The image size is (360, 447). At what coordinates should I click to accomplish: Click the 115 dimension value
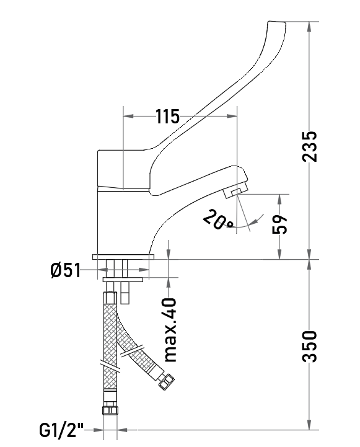tap(167, 116)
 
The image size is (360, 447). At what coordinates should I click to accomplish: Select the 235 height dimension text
tap(310, 146)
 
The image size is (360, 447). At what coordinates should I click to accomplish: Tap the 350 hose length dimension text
tap(310, 347)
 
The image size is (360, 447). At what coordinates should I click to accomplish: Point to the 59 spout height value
tap(279, 224)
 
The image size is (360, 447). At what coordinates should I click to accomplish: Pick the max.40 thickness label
tap(171, 330)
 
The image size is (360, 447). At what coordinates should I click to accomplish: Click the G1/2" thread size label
tap(61, 430)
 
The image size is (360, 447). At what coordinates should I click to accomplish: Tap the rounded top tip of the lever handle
tap(277, 24)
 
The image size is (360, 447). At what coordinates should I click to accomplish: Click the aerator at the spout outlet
tap(236, 192)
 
